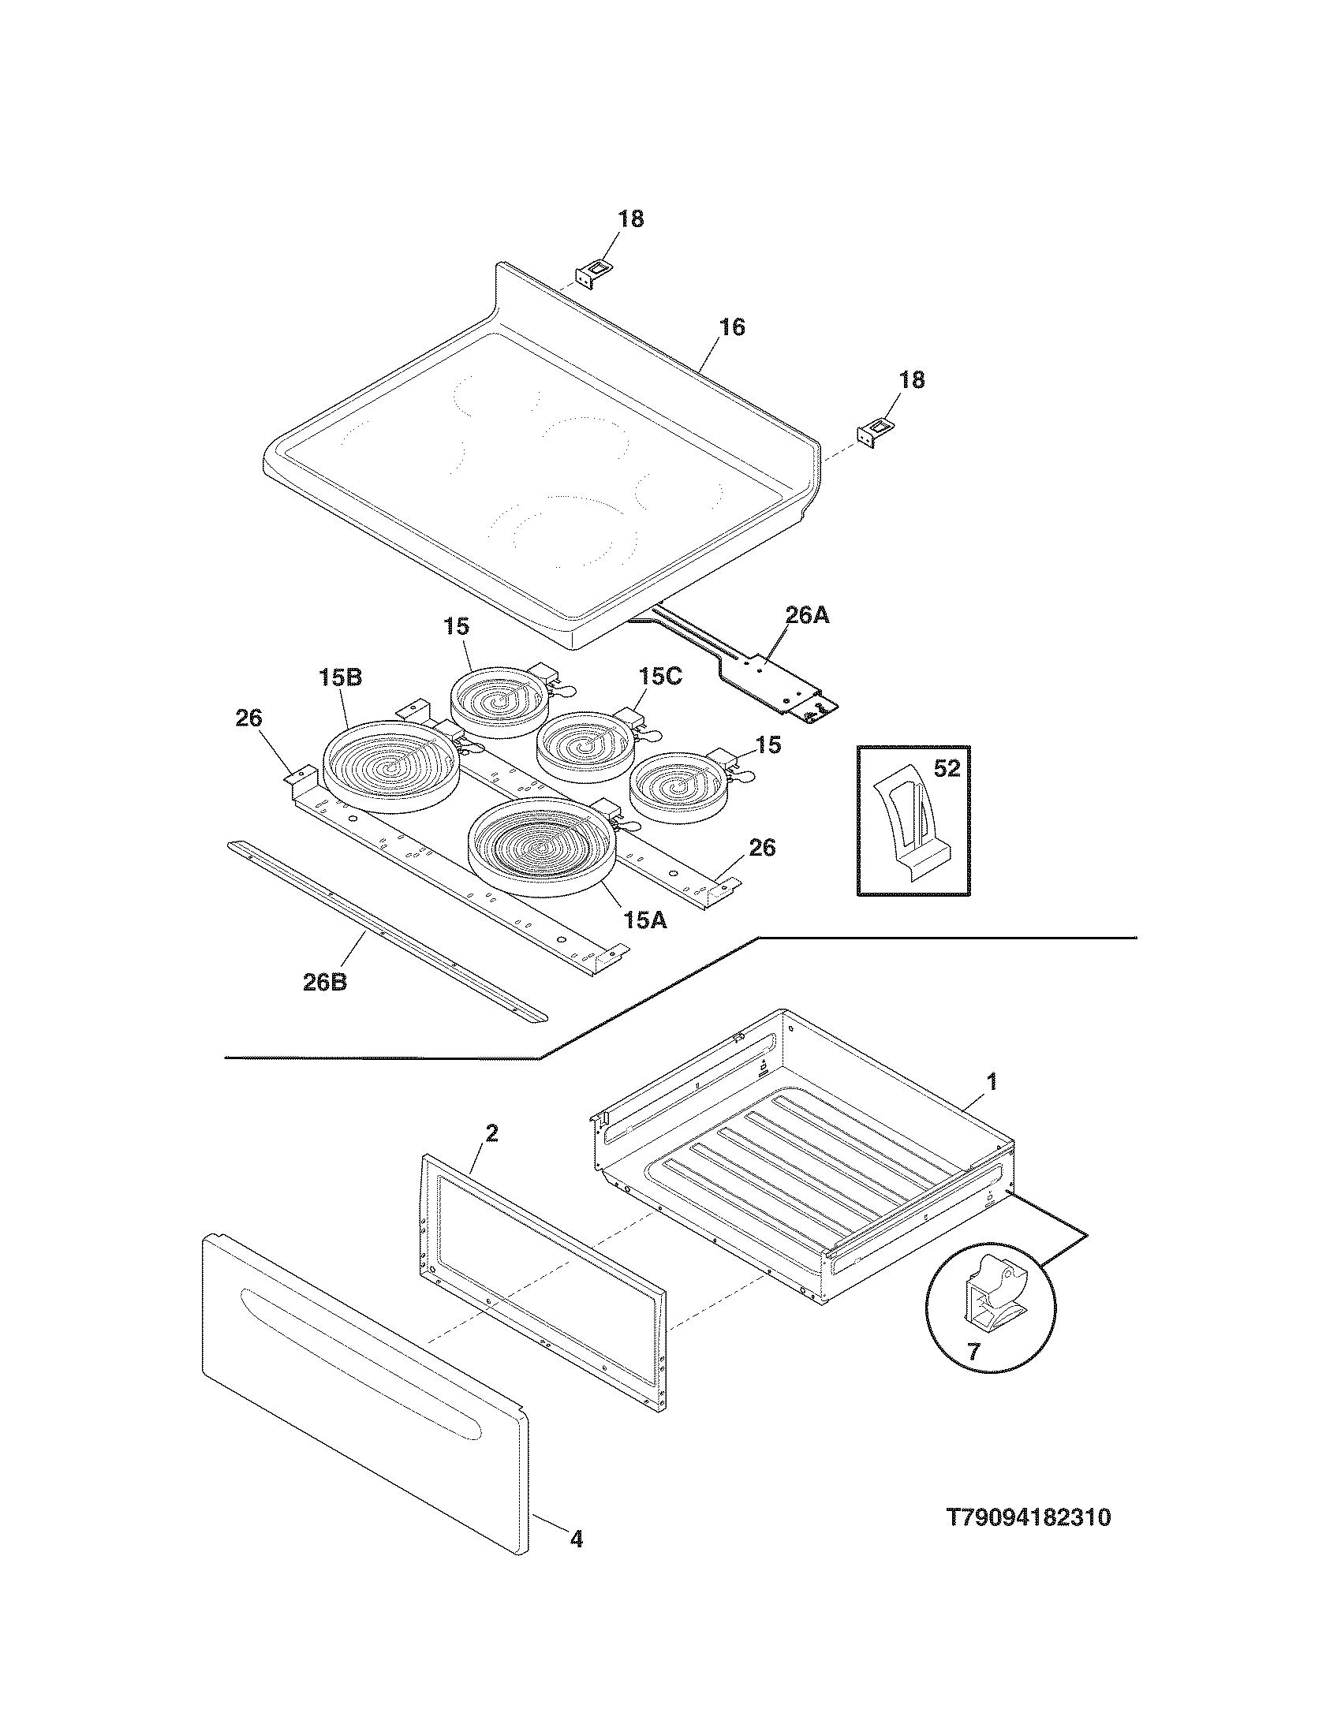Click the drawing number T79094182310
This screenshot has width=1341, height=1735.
point(1028,1518)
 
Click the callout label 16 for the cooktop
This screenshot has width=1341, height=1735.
point(732,327)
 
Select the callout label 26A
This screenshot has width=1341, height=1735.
point(807,615)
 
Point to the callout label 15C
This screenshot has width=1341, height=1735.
point(659,677)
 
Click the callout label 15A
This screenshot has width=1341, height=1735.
point(645,920)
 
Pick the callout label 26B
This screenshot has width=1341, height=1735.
point(325,982)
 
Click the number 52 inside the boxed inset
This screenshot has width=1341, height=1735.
point(947,769)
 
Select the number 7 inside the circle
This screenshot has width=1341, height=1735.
point(973,1352)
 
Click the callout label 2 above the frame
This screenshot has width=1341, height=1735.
point(491,1133)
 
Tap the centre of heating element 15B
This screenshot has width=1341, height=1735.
point(390,766)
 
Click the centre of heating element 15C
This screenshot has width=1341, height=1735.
point(588,745)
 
